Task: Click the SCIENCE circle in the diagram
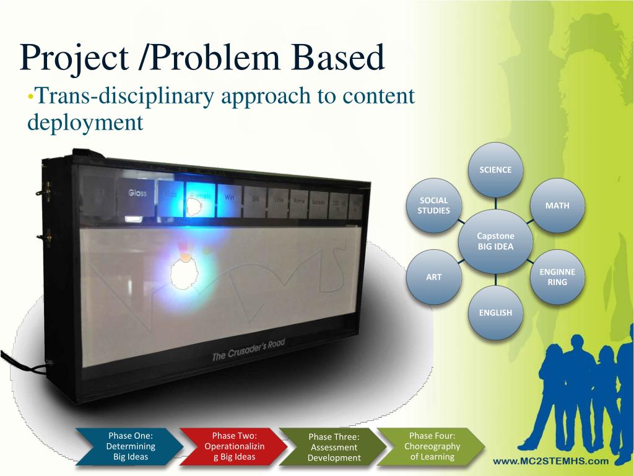click(495, 170)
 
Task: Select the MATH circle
click(557, 206)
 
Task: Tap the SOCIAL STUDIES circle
click(434, 205)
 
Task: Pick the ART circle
click(434, 277)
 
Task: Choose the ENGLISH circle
click(495, 312)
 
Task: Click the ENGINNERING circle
click(557, 277)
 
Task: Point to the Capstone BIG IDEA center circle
click(495, 241)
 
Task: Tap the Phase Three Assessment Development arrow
click(334, 447)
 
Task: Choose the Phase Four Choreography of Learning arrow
click(432, 446)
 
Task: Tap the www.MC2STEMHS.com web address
click(550, 461)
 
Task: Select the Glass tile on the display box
click(137, 193)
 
